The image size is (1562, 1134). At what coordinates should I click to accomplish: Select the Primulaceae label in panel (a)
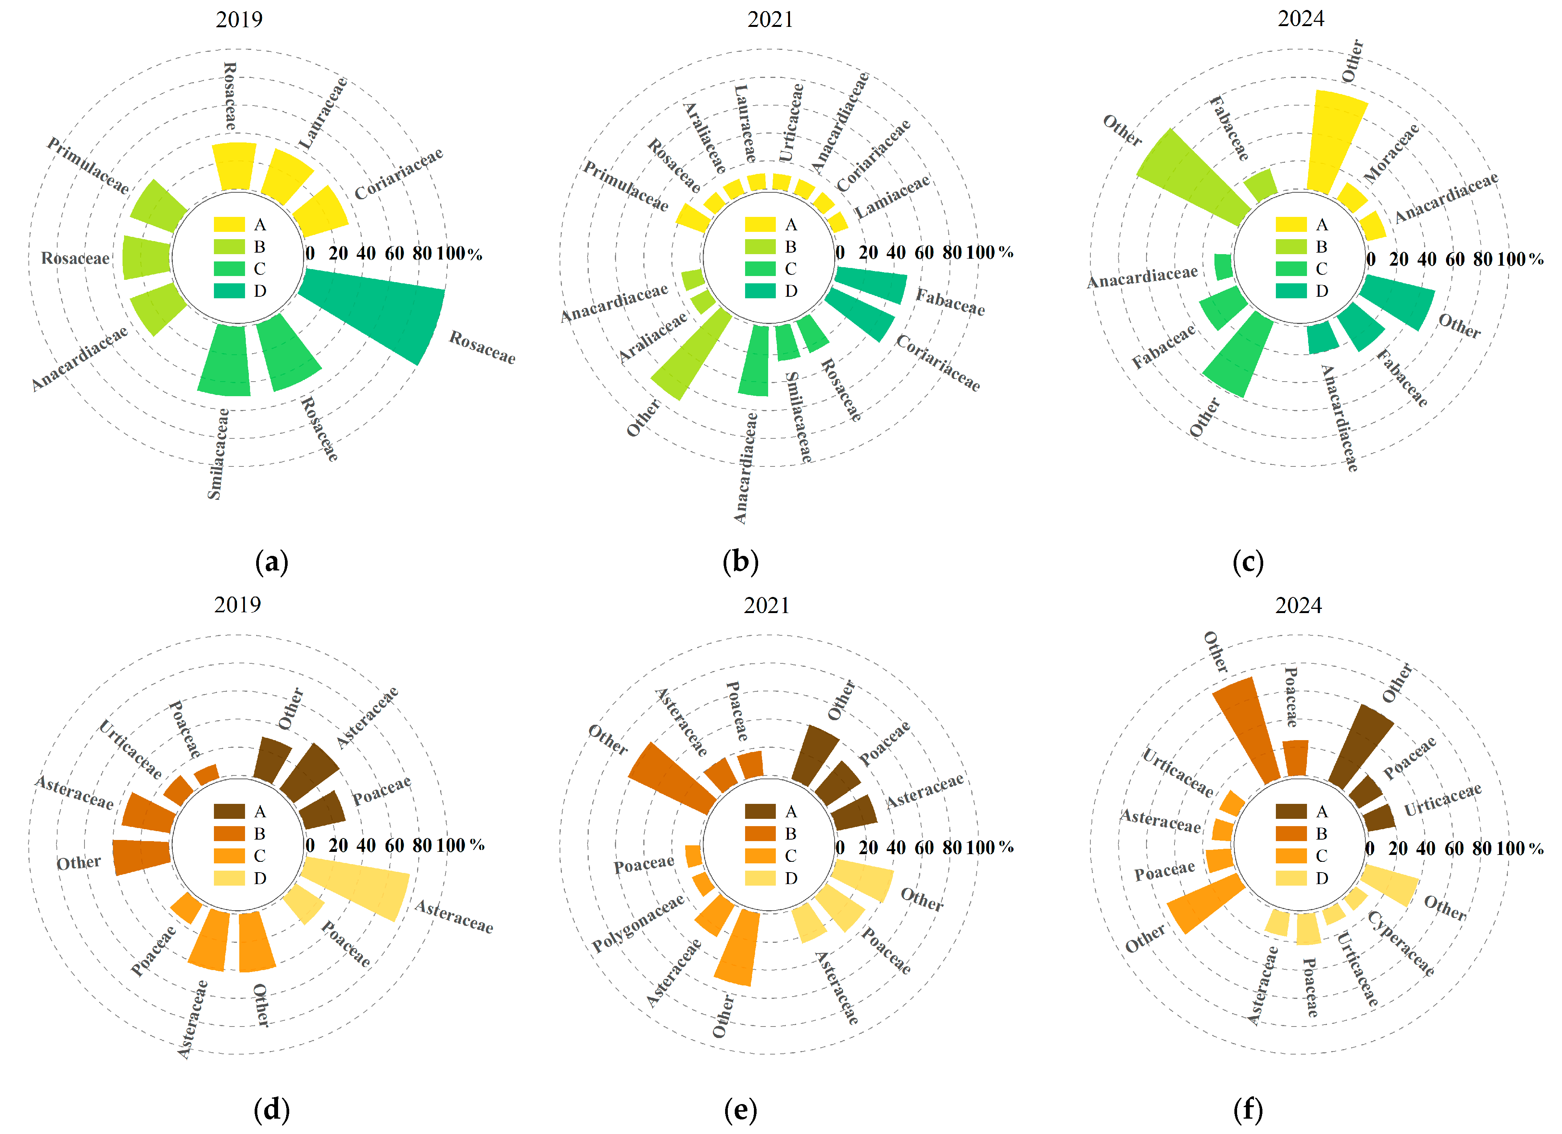click(x=88, y=165)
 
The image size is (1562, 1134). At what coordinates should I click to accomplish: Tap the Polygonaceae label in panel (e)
click(x=638, y=922)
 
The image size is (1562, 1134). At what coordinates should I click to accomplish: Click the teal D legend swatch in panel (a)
click(x=229, y=291)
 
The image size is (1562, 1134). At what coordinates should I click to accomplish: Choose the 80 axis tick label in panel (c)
click(x=1482, y=260)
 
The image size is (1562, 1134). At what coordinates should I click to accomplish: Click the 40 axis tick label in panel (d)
click(x=366, y=845)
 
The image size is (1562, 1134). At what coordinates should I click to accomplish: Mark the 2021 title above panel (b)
click(x=770, y=19)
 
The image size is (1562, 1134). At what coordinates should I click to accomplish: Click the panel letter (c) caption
click(x=1248, y=562)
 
